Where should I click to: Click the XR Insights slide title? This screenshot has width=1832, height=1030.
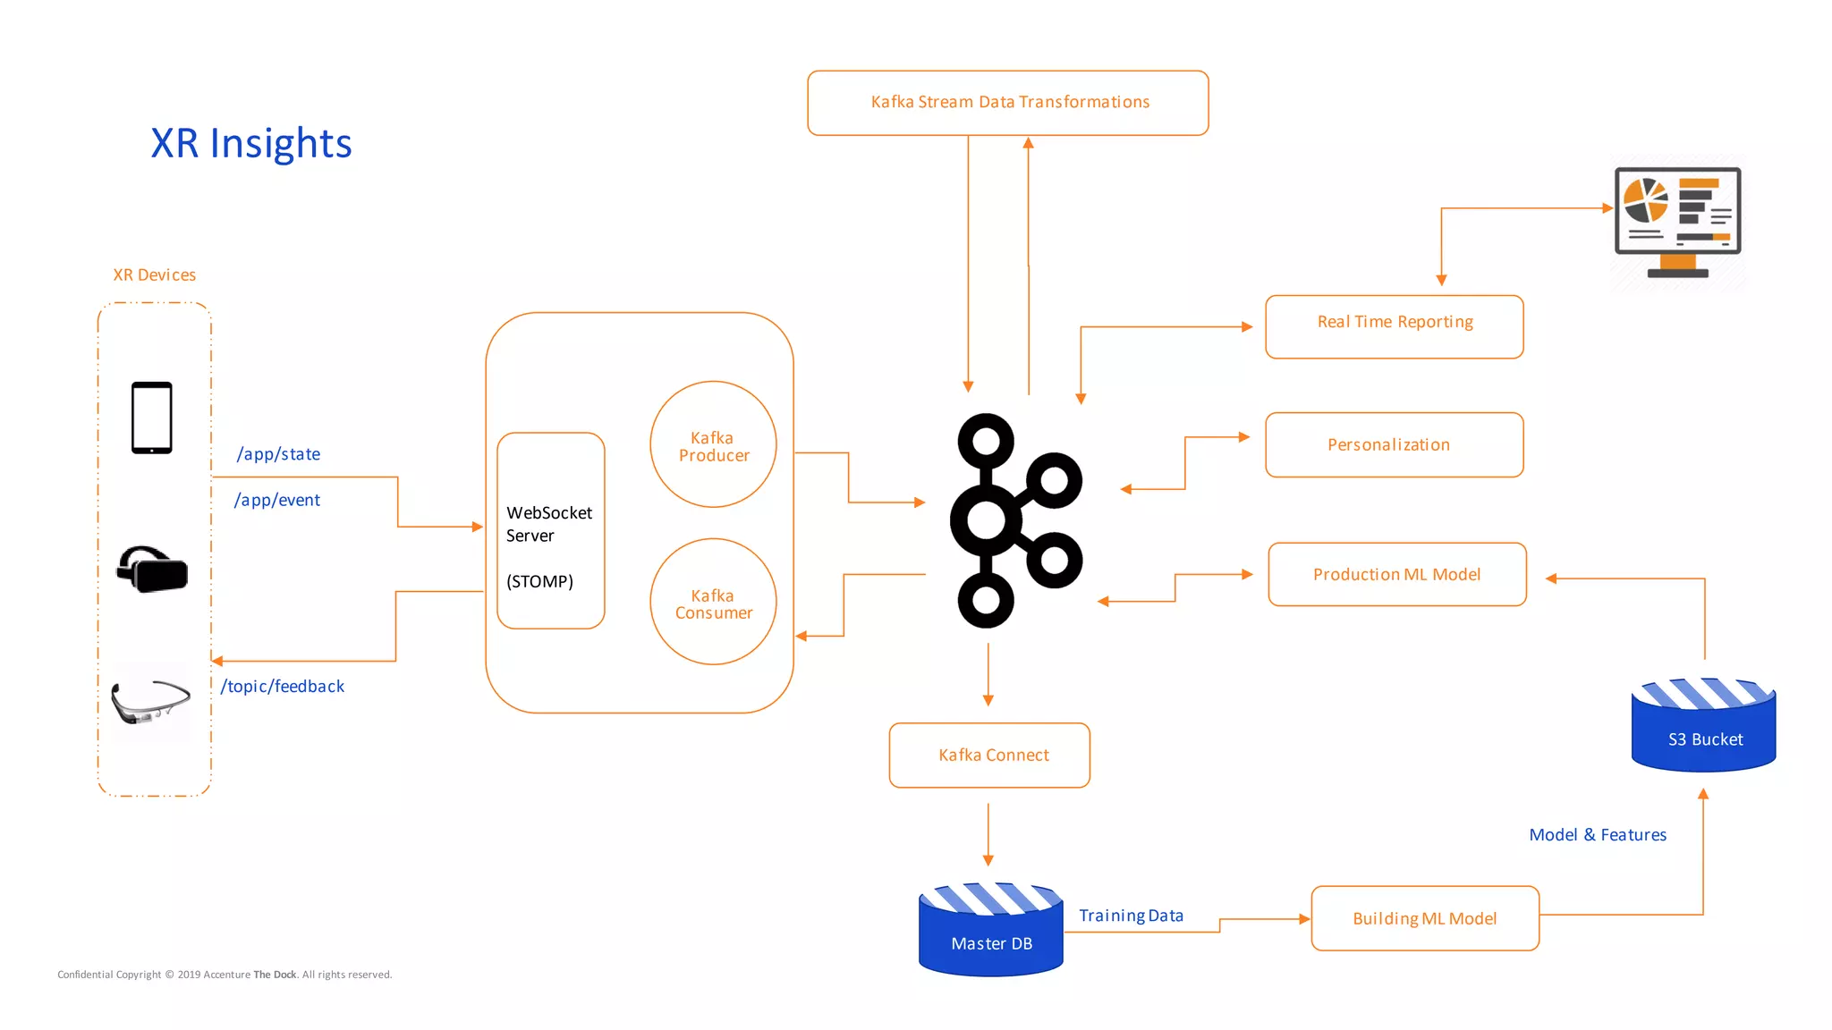(251, 143)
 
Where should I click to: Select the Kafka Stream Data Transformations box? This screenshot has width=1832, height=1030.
(1008, 103)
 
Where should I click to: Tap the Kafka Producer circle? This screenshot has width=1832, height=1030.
(713, 445)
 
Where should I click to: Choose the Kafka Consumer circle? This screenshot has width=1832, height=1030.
(713, 603)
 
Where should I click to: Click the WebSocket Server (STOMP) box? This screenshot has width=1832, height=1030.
(550, 531)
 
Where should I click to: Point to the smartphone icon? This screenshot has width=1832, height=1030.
(152, 418)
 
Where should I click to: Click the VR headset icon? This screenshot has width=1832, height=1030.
(152, 569)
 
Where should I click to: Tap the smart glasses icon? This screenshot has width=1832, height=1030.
(150, 702)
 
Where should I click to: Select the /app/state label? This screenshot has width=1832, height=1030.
(278, 454)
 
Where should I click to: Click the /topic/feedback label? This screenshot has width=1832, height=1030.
(283, 687)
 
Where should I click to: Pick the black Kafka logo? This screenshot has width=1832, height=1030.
(1015, 520)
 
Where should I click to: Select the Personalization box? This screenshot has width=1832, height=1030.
(1394, 444)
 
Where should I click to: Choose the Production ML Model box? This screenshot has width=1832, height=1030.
(1396, 574)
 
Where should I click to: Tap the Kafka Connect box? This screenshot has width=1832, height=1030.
(989, 756)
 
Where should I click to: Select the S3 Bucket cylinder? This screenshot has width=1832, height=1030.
(1703, 727)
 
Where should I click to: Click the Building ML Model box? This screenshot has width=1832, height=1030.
(1425, 918)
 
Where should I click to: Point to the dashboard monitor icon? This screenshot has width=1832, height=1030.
(1677, 222)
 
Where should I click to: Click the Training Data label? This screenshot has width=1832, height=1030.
(1131, 916)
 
